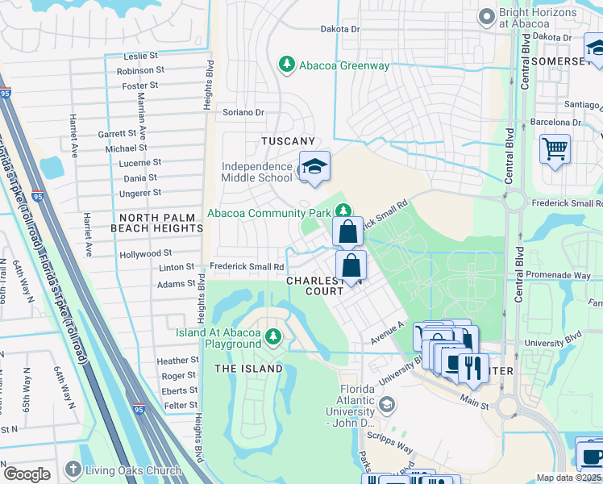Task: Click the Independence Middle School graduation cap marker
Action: (x=314, y=167)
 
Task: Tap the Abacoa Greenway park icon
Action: (x=285, y=63)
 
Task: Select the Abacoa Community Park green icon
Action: (x=343, y=212)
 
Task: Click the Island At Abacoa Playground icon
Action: (x=273, y=336)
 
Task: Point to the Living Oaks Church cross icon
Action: (x=73, y=469)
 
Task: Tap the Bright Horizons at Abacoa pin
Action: (x=486, y=16)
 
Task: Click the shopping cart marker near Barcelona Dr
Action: (x=555, y=149)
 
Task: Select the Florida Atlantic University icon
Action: (x=387, y=404)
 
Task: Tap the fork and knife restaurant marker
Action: (x=473, y=368)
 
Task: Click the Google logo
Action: (x=27, y=474)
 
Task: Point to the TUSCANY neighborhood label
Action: (x=288, y=141)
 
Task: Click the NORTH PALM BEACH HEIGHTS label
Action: (x=160, y=223)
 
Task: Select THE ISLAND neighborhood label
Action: (x=248, y=369)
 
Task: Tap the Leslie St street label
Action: (x=141, y=56)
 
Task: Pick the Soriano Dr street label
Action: (x=243, y=113)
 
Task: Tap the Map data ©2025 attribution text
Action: (x=568, y=478)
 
